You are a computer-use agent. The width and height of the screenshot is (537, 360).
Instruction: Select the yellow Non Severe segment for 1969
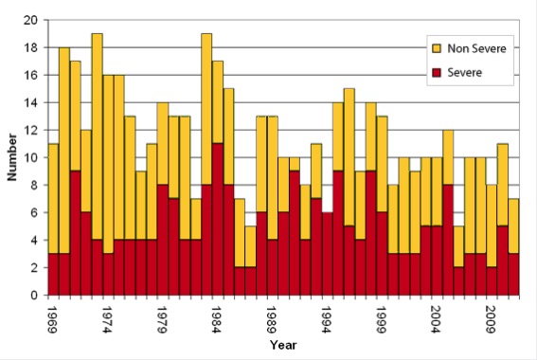pos(53,199)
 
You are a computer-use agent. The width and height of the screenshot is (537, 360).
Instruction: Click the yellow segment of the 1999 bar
pos(382,165)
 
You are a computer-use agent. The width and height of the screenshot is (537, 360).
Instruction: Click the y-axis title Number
pos(12,157)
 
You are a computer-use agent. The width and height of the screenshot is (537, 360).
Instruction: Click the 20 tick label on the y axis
pos(31,20)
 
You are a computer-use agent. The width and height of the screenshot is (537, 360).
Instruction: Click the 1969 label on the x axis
pos(53,315)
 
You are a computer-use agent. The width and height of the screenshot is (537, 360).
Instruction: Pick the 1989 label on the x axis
pos(272,315)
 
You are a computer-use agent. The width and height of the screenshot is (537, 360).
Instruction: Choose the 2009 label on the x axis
pos(492,315)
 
